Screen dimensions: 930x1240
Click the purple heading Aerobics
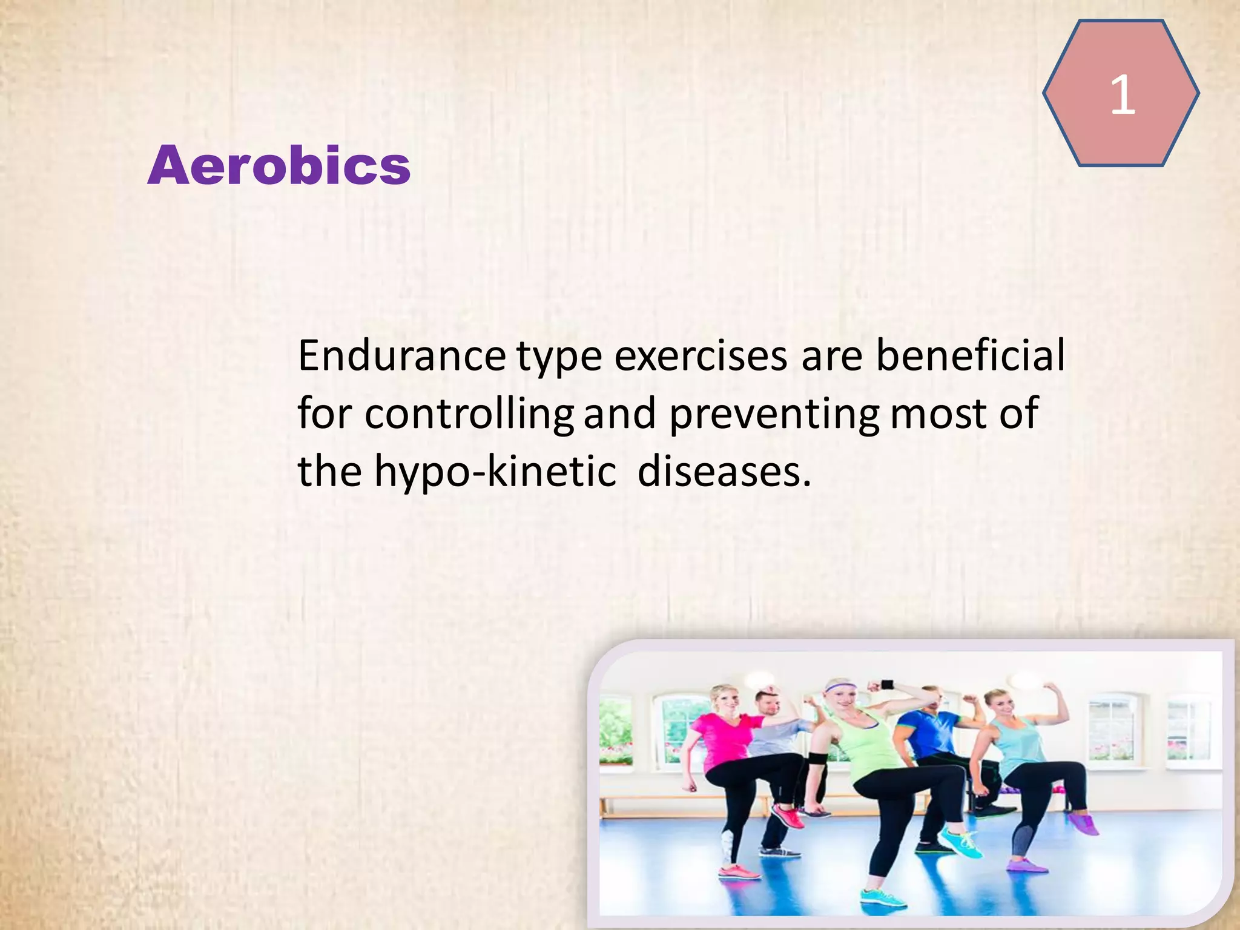click(279, 165)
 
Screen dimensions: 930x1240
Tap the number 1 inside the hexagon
click(1122, 94)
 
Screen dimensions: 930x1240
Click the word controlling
click(469, 415)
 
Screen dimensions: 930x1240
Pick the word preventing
click(774, 415)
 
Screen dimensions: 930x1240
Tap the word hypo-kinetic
click(495, 472)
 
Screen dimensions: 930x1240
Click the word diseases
click(724, 472)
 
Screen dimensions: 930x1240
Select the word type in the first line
click(559, 357)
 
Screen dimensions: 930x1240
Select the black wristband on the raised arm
click(888, 685)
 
